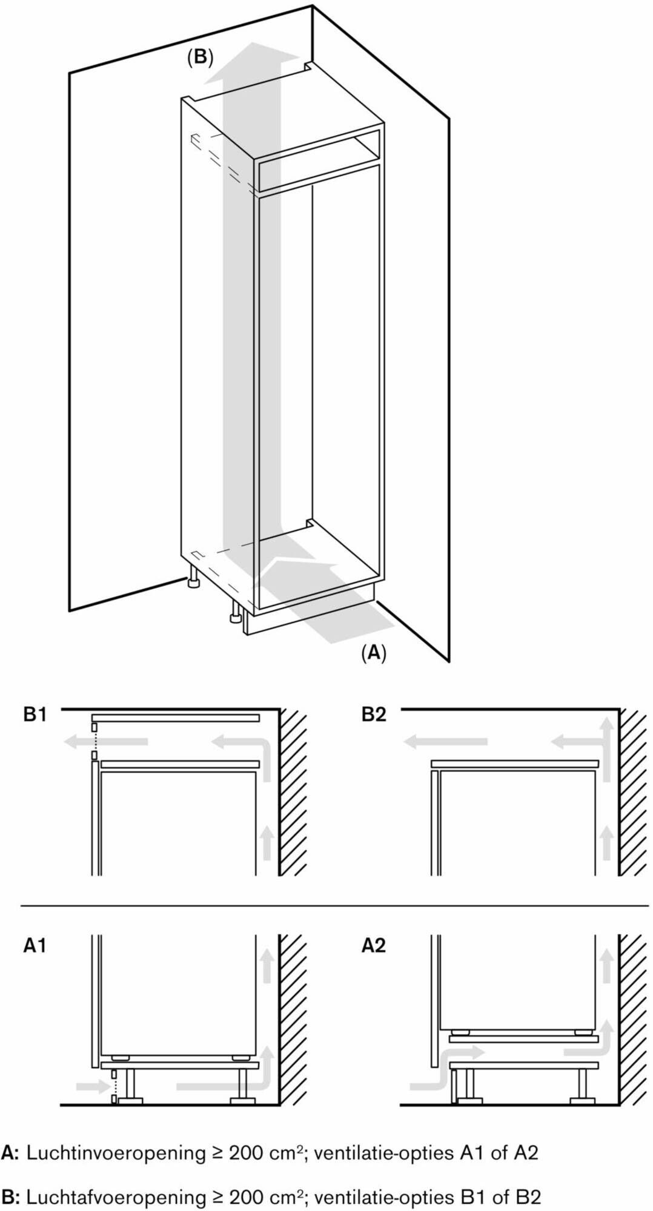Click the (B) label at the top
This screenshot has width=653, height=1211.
coord(200,58)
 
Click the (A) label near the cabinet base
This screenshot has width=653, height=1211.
coord(373,652)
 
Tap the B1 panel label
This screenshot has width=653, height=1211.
coord(35,715)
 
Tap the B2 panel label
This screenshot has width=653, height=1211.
coord(374,715)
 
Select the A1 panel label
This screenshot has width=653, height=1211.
coord(35,945)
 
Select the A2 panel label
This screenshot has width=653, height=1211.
coord(374,945)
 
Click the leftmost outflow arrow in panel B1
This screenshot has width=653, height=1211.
coord(106,741)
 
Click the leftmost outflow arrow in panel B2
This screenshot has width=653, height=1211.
coord(445,741)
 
